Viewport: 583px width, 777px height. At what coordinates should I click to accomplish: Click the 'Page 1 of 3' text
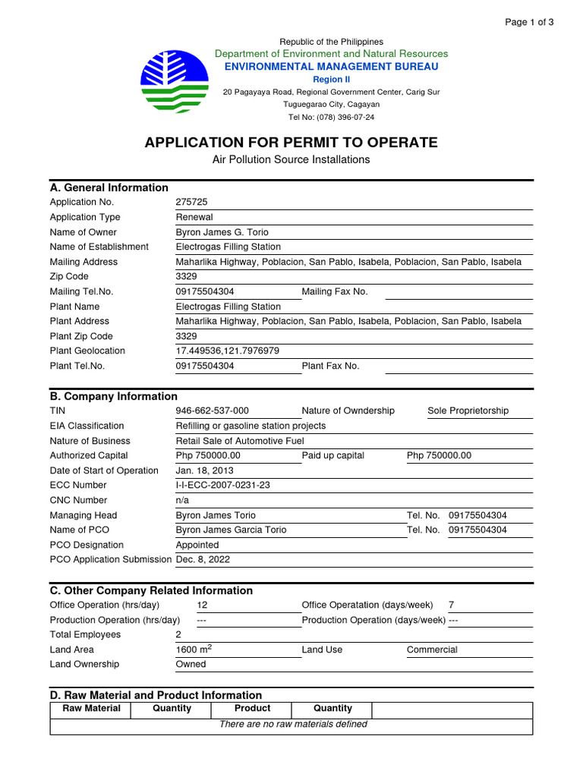click(529, 22)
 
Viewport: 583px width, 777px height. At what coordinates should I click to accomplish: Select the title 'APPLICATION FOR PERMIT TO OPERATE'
click(291, 142)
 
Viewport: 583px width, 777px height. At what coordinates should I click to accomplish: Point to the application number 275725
click(191, 202)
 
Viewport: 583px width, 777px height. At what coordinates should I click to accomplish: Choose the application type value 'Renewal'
click(194, 217)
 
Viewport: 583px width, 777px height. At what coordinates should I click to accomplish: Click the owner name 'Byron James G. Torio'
click(222, 232)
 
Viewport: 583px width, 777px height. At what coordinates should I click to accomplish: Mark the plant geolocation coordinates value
click(228, 351)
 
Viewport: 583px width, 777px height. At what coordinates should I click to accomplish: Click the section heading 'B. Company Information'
click(114, 396)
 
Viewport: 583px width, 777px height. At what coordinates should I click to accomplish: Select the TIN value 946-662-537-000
click(212, 411)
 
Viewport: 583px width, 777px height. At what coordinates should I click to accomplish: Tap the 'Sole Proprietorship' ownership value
click(468, 411)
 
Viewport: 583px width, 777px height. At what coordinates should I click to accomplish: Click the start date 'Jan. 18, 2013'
click(205, 470)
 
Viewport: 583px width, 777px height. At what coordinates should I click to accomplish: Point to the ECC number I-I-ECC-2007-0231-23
click(222, 485)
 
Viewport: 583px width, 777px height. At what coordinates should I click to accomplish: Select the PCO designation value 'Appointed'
click(197, 545)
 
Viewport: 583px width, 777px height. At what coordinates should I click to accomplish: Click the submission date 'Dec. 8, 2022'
click(203, 559)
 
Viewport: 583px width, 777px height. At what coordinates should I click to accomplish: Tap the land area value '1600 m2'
click(194, 650)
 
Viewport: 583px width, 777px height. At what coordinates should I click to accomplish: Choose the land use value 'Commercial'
click(432, 650)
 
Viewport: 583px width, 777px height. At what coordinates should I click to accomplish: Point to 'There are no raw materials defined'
click(293, 724)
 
